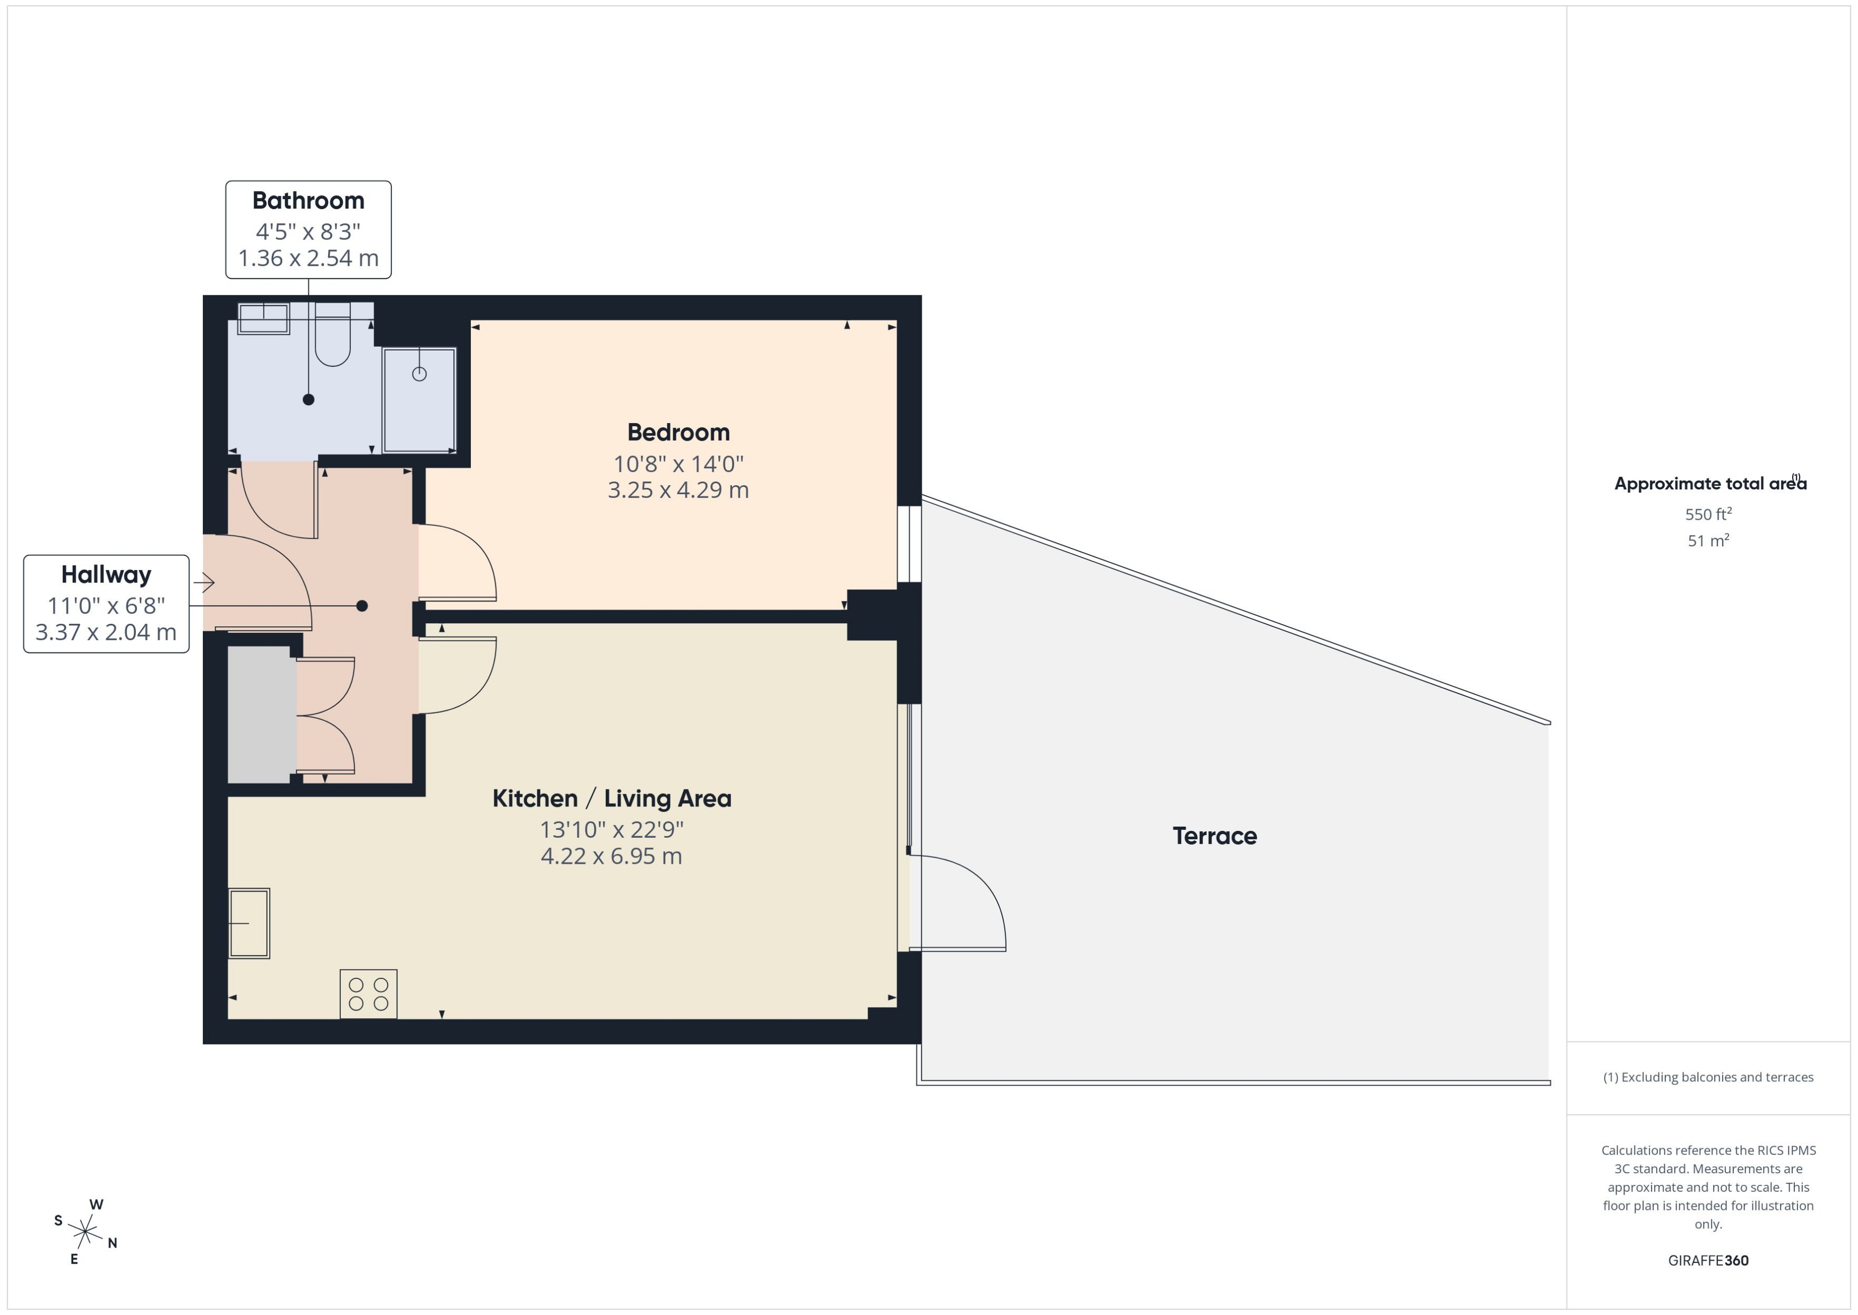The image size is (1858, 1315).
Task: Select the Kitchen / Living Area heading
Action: pyautogui.click(x=611, y=798)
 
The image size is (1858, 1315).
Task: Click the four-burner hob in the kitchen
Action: pyautogui.click(x=368, y=993)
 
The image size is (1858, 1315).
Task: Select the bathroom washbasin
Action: pyautogui.click(x=263, y=317)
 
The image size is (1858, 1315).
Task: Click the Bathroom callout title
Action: pyautogui.click(x=308, y=200)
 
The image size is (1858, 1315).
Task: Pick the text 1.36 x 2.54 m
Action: pyautogui.click(x=308, y=259)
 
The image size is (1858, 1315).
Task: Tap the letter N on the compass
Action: pyautogui.click(x=113, y=1243)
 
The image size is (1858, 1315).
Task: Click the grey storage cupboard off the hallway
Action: pyautogui.click(x=261, y=714)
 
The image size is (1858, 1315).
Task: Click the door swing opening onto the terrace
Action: pyautogui.click(x=959, y=903)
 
